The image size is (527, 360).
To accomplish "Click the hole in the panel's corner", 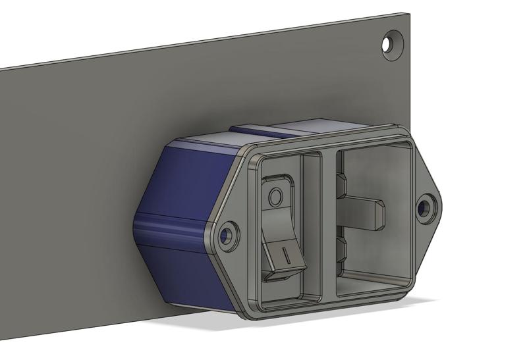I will [393, 44].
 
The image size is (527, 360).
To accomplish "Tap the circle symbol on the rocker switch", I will [276, 195].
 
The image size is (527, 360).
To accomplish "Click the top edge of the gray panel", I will [198, 43].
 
